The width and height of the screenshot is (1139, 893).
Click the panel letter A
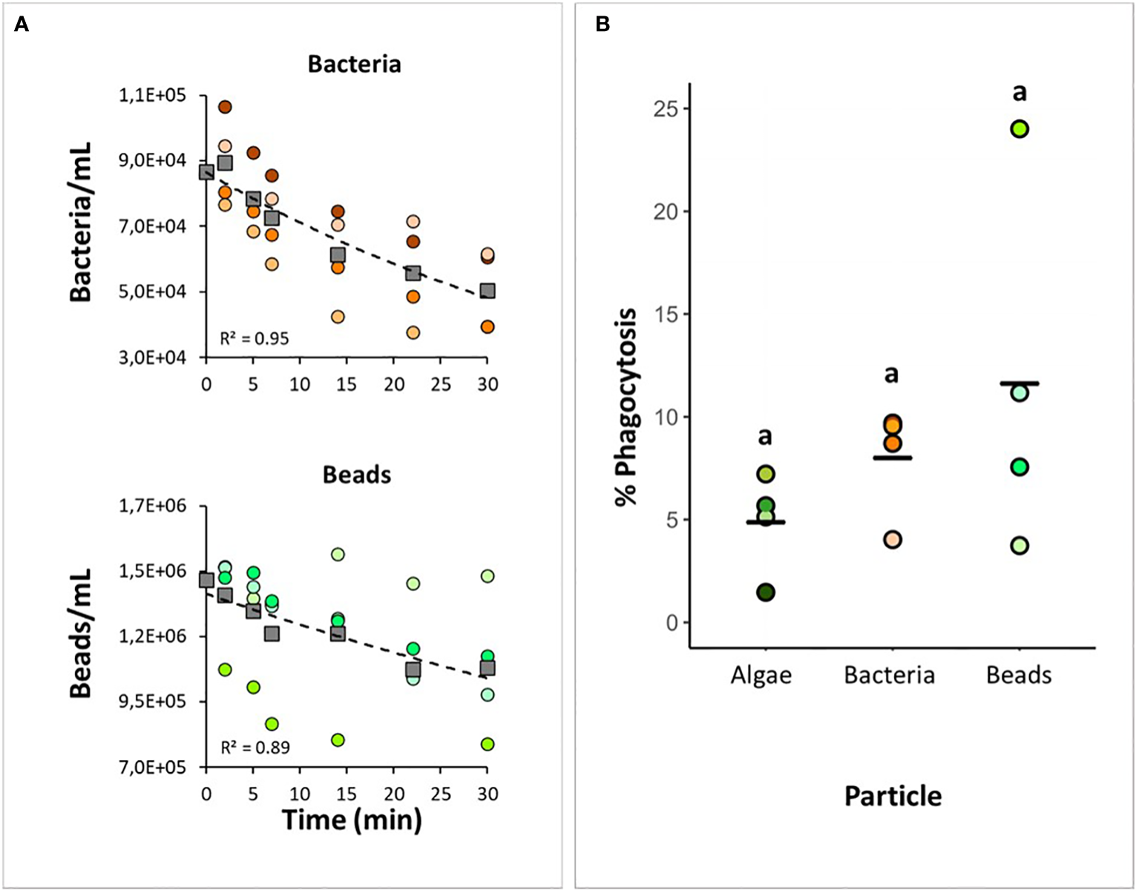[x=22, y=25]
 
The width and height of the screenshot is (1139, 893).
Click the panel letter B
[x=603, y=25]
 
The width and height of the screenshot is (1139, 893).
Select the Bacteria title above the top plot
[x=354, y=65]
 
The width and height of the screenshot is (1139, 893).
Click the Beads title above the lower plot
[x=356, y=475]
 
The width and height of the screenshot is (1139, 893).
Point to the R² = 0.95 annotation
[x=255, y=339]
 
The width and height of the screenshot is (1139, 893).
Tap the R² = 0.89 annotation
[x=255, y=748]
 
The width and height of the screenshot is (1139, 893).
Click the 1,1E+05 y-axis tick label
[x=153, y=96]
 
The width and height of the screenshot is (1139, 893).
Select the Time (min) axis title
[x=352, y=820]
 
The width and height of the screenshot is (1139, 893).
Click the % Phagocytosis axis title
[x=627, y=406]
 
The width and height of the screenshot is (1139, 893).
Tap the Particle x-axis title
[x=893, y=797]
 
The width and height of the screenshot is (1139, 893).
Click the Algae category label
[x=761, y=676]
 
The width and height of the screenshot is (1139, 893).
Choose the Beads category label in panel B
[x=1019, y=676]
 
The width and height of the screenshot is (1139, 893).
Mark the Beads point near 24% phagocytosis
[x=1020, y=129]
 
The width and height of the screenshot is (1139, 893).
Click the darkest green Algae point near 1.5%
[x=766, y=592]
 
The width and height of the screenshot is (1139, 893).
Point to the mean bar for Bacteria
[x=892, y=458]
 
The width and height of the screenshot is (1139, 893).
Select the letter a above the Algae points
[x=765, y=436]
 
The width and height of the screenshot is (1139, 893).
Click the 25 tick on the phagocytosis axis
[x=666, y=109]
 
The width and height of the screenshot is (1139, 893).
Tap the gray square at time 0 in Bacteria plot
[x=206, y=172]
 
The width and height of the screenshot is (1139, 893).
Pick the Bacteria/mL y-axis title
[x=80, y=222]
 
